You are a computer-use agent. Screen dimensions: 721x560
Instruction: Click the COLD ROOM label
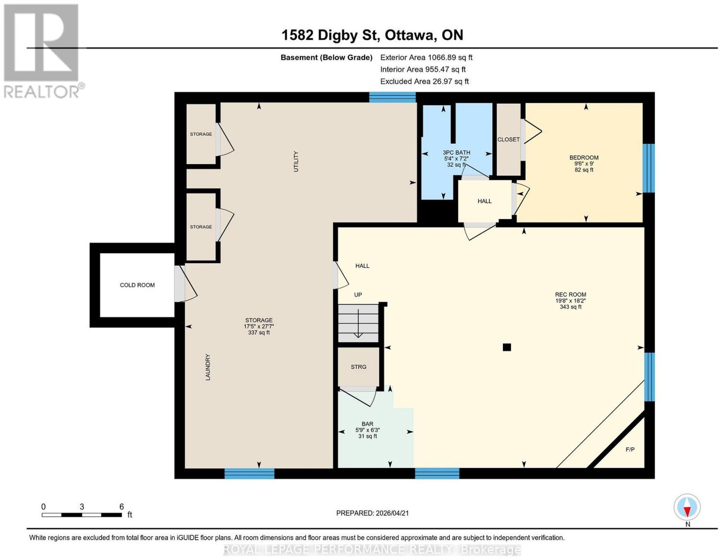(137, 285)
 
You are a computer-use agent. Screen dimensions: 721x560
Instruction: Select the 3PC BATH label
(456, 153)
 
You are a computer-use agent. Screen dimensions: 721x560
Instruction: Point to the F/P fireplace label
(630, 450)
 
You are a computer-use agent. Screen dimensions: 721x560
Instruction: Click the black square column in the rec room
(507, 347)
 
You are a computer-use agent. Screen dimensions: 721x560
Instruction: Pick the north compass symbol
(687, 508)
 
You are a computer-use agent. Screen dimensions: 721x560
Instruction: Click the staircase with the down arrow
(358, 323)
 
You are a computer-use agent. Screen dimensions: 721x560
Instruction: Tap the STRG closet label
(358, 367)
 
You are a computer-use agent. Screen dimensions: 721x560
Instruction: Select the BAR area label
(367, 424)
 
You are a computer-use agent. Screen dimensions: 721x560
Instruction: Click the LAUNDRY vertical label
(208, 367)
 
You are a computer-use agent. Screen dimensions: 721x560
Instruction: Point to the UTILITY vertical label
(296, 161)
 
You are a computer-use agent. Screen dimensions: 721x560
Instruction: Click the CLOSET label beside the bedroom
(508, 140)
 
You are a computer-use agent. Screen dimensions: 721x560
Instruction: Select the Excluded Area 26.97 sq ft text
(424, 81)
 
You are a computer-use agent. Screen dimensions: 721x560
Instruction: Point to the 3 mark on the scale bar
(82, 507)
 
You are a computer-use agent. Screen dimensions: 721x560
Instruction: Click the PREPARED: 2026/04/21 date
(372, 513)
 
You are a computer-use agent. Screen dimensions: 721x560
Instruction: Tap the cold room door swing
(186, 284)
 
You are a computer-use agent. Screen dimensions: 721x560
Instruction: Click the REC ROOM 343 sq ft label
(570, 300)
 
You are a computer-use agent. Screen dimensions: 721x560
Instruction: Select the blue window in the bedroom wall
(648, 168)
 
